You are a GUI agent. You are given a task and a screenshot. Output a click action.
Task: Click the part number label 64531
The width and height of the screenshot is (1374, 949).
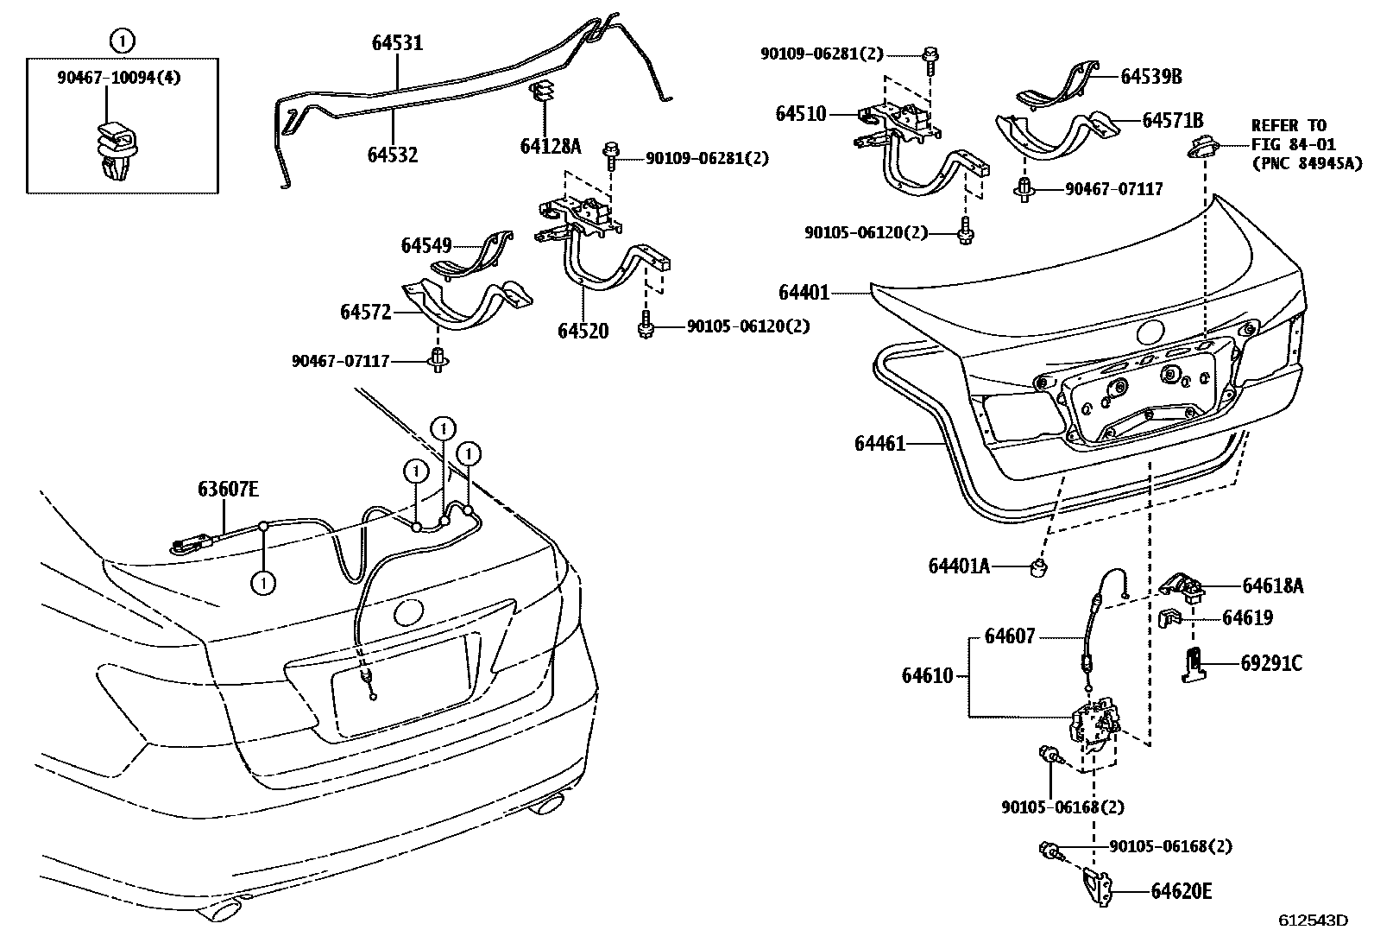coord(397,41)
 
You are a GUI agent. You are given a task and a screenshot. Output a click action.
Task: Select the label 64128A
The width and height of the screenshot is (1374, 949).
coord(550,146)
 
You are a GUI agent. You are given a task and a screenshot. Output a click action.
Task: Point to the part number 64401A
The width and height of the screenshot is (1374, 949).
coord(958,566)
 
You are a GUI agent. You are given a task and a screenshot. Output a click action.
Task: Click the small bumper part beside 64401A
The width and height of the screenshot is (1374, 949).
coord(1039,566)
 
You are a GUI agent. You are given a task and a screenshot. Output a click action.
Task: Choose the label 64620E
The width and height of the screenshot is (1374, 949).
coord(1181,890)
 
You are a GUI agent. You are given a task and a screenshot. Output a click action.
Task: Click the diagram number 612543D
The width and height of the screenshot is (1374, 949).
coord(1313,920)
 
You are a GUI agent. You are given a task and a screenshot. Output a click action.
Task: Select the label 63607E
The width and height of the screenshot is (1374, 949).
coord(228,490)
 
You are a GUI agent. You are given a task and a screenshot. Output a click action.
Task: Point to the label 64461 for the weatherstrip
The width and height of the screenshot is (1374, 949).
coord(879,443)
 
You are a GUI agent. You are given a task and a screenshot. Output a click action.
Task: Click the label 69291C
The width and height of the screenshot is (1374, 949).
coord(1271,663)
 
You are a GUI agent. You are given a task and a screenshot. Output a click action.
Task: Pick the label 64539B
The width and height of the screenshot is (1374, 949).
coord(1151,76)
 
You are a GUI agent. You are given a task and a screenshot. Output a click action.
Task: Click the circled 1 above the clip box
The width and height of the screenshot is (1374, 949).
coord(123,39)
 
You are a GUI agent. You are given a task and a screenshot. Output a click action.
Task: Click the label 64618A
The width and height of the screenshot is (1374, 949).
coord(1272,586)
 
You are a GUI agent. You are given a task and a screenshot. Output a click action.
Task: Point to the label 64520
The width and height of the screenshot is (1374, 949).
coord(583,331)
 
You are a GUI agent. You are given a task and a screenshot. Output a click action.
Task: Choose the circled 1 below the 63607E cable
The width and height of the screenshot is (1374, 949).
coord(263,583)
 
